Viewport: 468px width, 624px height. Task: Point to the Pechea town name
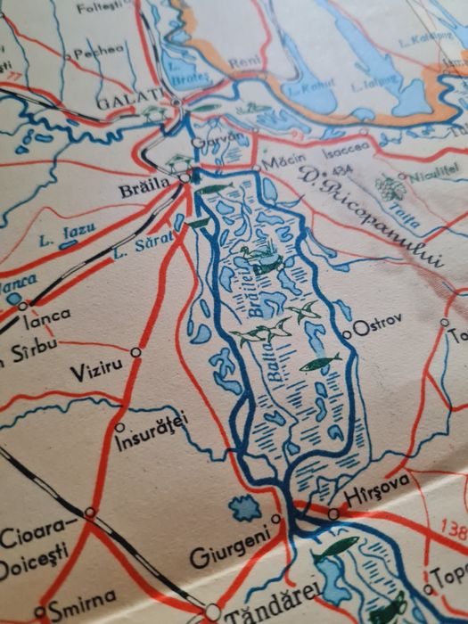pyautogui.click(x=99, y=51)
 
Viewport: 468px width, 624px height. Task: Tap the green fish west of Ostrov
pyautogui.click(x=319, y=363)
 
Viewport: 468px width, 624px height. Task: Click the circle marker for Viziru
pyautogui.click(x=135, y=352)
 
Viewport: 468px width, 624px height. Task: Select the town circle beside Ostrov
pyautogui.click(x=347, y=334)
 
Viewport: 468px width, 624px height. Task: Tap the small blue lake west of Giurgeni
pyautogui.click(x=244, y=509)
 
